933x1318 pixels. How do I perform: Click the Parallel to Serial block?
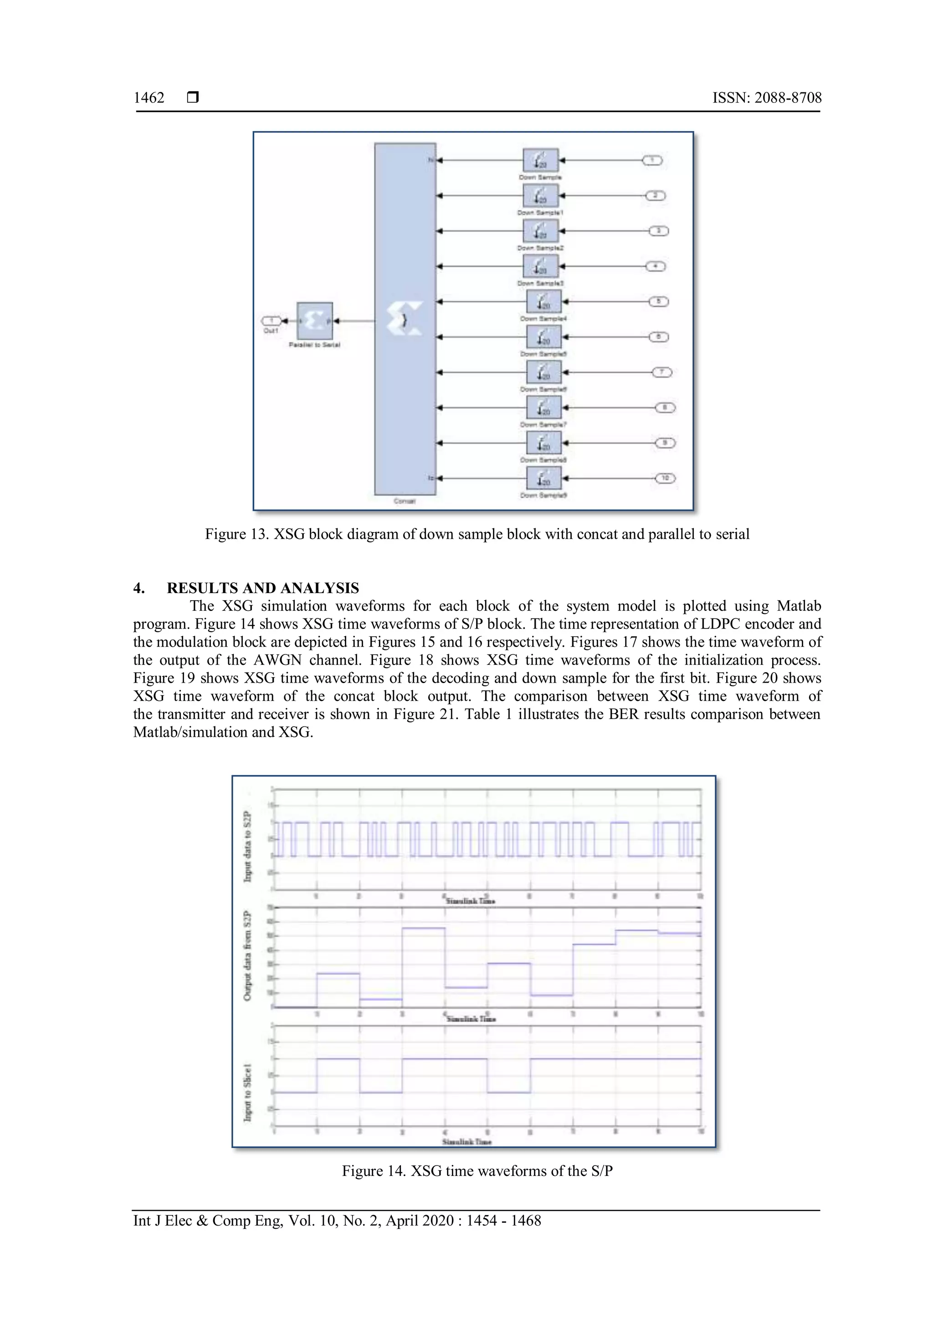314,321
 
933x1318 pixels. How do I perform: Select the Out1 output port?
271,321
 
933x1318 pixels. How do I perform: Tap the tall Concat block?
405,319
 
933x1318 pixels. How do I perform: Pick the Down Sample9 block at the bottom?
543,478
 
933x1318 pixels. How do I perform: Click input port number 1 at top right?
652,161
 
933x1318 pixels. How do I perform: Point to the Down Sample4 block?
543,302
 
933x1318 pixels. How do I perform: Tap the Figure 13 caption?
477,534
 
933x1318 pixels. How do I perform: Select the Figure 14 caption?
477,1171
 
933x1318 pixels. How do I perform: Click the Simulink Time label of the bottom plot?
466,1142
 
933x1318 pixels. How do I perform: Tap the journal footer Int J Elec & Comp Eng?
337,1221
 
